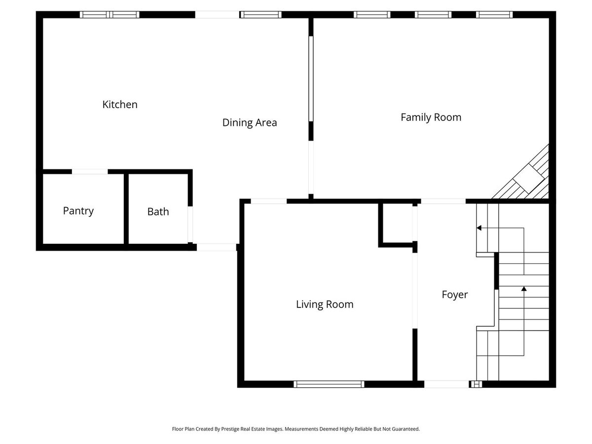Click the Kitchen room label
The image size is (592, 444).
pyautogui.click(x=120, y=104)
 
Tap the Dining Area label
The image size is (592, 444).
pyautogui.click(x=250, y=123)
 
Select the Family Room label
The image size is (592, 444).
pyautogui.click(x=431, y=117)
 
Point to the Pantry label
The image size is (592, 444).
pyautogui.click(x=78, y=211)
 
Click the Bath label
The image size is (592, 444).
pyautogui.click(x=158, y=212)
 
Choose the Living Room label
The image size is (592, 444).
pyautogui.click(x=325, y=304)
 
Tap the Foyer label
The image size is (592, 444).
pyautogui.click(x=455, y=295)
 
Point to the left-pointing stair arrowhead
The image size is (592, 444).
pyautogui.click(x=479, y=228)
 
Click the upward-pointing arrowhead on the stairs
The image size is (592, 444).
pyautogui.click(x=524, y=289)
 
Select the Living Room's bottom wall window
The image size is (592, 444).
pyautogui.click(x=329, y=384)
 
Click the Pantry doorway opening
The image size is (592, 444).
pyautogui.click(x=90, y=172)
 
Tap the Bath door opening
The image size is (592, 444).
pyautogui.click(x=190, y=224)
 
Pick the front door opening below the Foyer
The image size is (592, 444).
pyautogui.click(x=446, y=384)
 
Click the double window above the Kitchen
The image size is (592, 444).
pyautogui.click(x=110, y=15)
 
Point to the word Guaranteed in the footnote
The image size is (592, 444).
pyautogui.click(x=406, y=429)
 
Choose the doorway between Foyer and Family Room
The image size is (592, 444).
pyautogui.click(x=444, y=201)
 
